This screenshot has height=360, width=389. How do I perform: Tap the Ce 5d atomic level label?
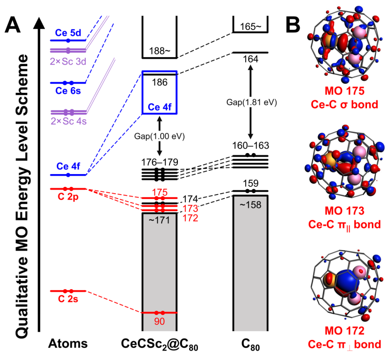pyautogui.click(x=68, y=33)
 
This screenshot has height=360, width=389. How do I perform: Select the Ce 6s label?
pyautogui.click(x=68, y=90)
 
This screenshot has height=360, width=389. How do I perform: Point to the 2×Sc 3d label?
pyautogui.click(x=68, y=61)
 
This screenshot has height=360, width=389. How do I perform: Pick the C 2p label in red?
pyautogui.click(x=68, y=197)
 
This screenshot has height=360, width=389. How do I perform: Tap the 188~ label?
pyautogui.click(x=159, y=50)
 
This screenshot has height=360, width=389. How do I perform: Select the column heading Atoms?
pyautogui.click(x=68, y=344)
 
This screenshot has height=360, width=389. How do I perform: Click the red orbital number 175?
pyautogui.click(x=159, y=192)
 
